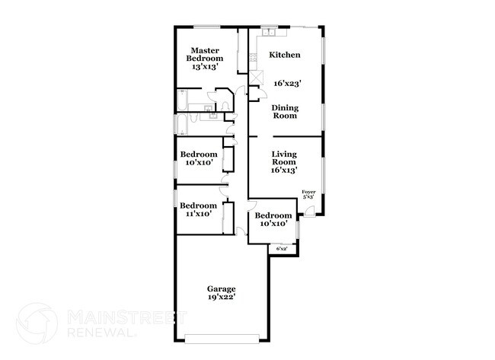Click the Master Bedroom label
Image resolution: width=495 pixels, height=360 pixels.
click(x=206, y=55)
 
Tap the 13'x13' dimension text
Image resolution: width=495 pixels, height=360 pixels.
click(x=206, y=67)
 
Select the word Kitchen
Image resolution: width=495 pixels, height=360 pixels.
click(x=286, y=55)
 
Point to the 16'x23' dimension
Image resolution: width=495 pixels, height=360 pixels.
click(x=286, y=82)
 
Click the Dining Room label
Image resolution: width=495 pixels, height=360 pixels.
click(x=286, y=112)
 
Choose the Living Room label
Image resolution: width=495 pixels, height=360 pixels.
click(x=283, y=158)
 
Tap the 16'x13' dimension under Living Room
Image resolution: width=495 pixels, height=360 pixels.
click(x=283, y=170)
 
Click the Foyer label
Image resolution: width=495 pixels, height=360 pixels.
click(x=308, y=193)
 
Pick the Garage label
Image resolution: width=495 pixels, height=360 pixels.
click(x=222, y=288)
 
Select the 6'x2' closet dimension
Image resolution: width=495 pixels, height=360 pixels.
click(x=281, y=248)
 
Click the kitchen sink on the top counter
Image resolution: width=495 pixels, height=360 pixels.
click(x=271, y=32)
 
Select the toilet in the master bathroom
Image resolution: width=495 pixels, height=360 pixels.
click(x=213, y=116)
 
